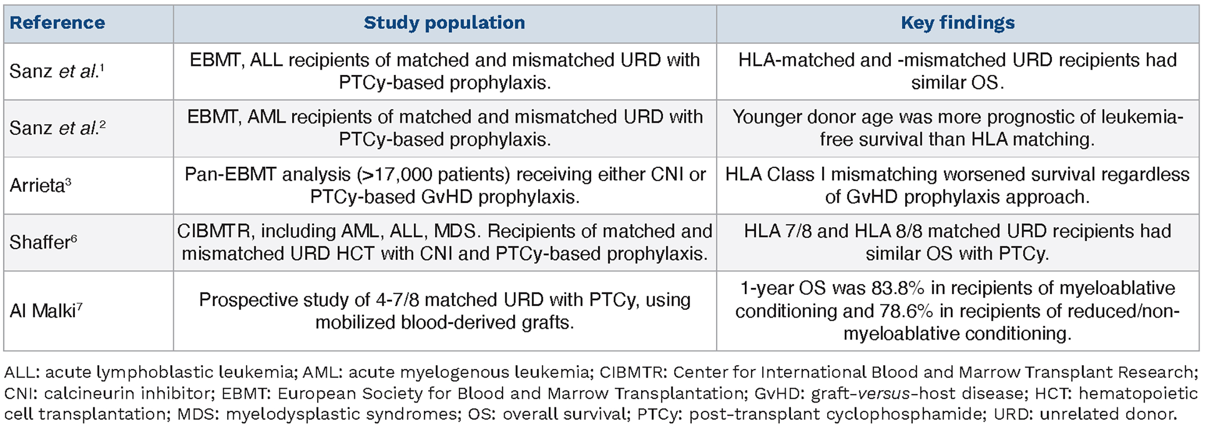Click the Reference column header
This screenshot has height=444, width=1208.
57,23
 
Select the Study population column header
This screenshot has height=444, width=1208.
444,23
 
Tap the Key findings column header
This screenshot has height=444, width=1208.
958,23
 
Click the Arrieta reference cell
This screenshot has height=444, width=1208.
41,185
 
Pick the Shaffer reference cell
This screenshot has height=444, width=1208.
43,242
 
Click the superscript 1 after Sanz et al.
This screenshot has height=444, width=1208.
102,68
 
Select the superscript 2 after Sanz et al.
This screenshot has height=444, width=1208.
102,125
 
